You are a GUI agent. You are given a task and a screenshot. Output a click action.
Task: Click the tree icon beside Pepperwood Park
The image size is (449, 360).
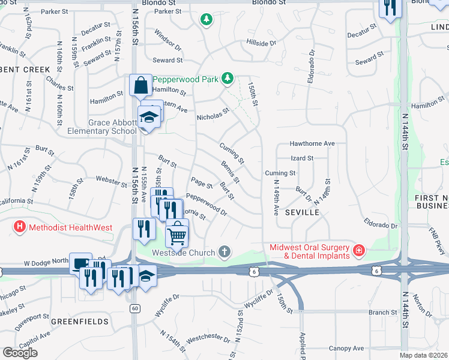(x=228, y=78)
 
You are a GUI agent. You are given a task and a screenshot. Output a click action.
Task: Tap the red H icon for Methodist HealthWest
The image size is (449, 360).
(x=20, y=227)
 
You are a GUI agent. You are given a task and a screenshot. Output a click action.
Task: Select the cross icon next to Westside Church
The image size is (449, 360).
(x=224, y=251)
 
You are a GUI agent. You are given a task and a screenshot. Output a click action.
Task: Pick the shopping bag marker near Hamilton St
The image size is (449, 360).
(x=140, y=85)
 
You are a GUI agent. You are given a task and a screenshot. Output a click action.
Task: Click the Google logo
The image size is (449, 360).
(x=20, y=353)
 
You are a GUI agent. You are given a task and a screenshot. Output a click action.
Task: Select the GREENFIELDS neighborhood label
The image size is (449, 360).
(x=79, y=322)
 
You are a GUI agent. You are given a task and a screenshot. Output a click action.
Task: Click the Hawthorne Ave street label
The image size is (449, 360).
(x=312, y=144)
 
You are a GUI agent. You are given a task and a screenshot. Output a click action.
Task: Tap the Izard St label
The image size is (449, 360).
(x=302, y=158)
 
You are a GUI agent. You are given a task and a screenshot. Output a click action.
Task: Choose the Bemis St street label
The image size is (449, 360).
(x=230, y=172)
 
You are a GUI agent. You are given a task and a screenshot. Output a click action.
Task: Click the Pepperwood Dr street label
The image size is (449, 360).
(x=206, y=205)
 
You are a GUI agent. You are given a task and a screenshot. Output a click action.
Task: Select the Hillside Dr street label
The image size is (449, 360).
(x=261, y=43)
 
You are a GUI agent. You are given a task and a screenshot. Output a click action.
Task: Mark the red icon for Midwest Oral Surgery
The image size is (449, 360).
(x=358, y=250)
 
